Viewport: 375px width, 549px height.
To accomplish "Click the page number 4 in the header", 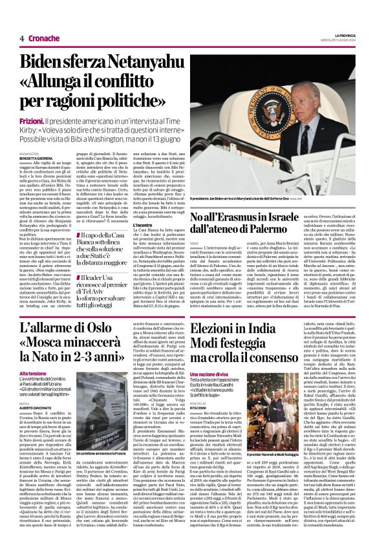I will pos(21,38).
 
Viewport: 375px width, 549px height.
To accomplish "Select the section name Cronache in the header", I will pos(43,38).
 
